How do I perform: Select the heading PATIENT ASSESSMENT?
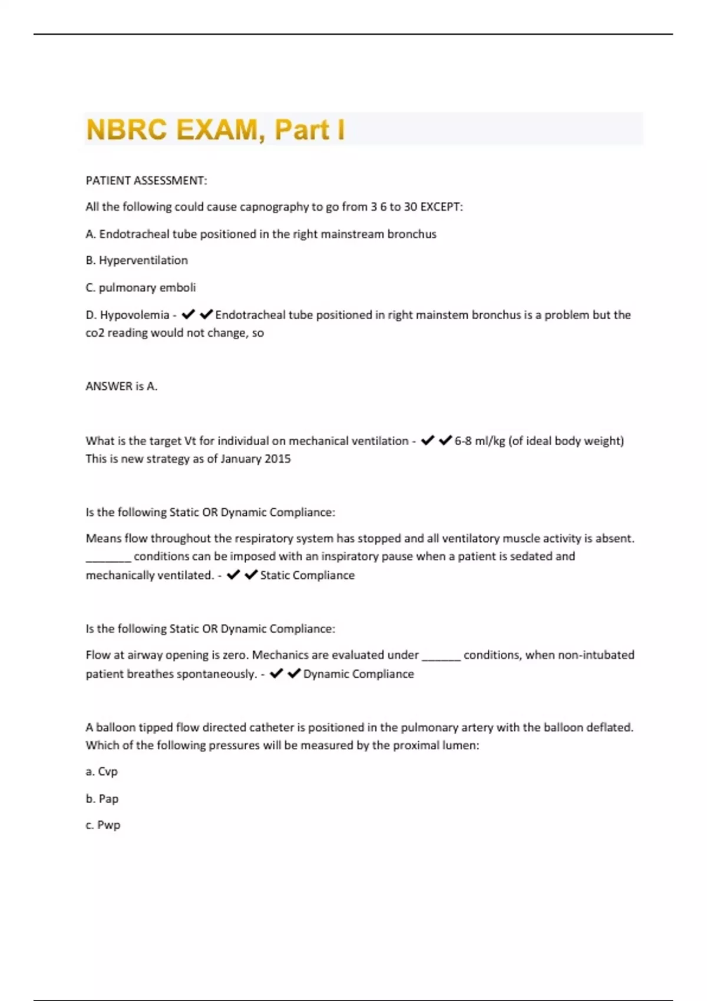click(x=146, y=181)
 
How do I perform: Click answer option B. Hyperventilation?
click(x=137, y=260)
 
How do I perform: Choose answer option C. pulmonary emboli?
click(x=141, y=287)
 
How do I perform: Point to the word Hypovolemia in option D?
click(x=134, y=315)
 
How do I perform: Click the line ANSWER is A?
click(x=121, y=386)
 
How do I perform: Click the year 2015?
click(x=277, y=459)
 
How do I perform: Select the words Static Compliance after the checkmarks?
click(x=308, y=575)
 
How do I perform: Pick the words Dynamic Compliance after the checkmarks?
click(x=358, y=674)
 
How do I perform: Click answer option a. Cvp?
click(x=102, y=771)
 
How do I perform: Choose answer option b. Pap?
click(x=102, y=798)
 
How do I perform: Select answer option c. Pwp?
click(x=103, y=825)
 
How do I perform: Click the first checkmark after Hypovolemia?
click(x=188, y=315)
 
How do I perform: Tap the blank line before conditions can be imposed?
click(x=108, y=557)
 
